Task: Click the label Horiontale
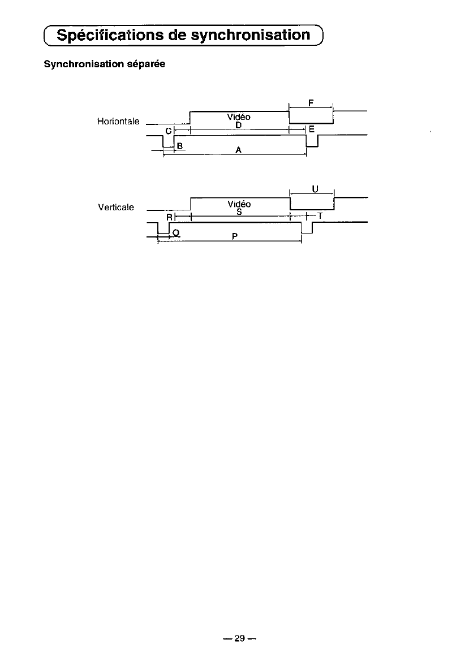(x=118, y=122)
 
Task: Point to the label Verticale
(x=116, y=207)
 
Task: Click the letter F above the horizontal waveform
(x=311, y=103)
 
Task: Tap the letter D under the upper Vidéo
(x=239, y=124)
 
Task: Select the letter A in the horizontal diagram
(x=239, y=150)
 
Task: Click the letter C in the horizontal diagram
(x=168, y=131)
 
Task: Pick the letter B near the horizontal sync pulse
(x=179, y=146)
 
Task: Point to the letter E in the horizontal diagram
(x=311, y=129)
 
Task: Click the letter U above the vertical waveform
(x=314, y=189)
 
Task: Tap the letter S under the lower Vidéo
(x=239, y=211)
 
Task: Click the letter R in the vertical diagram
(x=169, y=217)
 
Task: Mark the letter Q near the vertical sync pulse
(x=176, y=232)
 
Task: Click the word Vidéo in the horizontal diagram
(x=238, y=116)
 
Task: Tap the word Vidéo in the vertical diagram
(x=239, y=204)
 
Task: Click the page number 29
(x=239, y=639)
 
